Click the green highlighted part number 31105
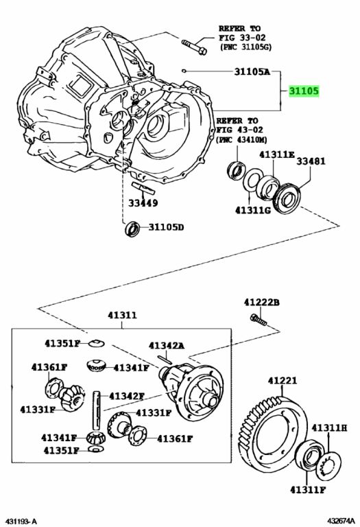coord(304,91)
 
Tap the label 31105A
coord(252,71)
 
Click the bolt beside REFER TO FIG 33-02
coord(194,47)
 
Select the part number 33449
coord(143,203)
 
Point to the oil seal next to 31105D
coord(132,229)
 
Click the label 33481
coord(311,161)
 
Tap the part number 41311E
coord(277,154)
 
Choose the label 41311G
coord(253,210)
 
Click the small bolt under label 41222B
coord(259,320)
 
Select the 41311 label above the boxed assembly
coord(122,315)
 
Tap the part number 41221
coord(283,381)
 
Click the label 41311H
coord(329,428)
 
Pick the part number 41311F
coord(308,490)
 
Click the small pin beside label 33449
coord(143,188)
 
